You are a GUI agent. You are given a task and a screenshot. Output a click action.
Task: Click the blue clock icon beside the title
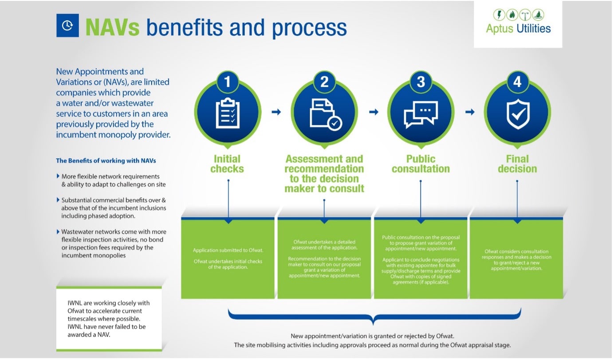[x=67, y=25]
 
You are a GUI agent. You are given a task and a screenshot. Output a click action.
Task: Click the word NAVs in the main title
[x=112, y=27]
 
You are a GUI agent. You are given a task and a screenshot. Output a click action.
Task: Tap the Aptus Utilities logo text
[x=518, y=28]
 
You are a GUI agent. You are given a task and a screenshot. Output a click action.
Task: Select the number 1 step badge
[x=227, y=82]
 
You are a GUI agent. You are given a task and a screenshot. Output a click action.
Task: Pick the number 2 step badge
[x=324, y=82]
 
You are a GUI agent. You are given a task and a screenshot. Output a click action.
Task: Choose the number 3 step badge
[x=421, y=82]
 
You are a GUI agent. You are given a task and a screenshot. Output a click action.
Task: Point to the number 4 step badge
[x=517, y=82]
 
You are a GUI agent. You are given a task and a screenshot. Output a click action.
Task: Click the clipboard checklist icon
[x=228, y=113]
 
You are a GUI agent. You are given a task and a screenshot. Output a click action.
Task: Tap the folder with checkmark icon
[x=326, y=114]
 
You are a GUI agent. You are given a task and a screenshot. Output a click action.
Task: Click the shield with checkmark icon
[x=518, y=114]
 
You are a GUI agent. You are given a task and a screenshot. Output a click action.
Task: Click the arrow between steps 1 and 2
[x=276, y=112]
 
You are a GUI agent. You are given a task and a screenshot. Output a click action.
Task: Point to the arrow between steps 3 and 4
[x=470, y=112]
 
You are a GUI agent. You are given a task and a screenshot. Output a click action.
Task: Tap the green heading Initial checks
[x=227, y=164]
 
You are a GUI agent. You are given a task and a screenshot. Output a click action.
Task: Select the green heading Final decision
[x=517, y=164]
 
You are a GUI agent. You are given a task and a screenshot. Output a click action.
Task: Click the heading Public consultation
[x=421, y=164]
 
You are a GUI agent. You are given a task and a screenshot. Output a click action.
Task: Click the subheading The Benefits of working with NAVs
[x=106, y=160]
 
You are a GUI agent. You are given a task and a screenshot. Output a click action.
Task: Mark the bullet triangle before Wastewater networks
[x=58, y=231]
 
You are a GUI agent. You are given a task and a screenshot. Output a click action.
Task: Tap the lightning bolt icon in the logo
[x=499, y=15]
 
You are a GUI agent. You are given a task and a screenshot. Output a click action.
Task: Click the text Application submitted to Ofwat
[x=228, y=250]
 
